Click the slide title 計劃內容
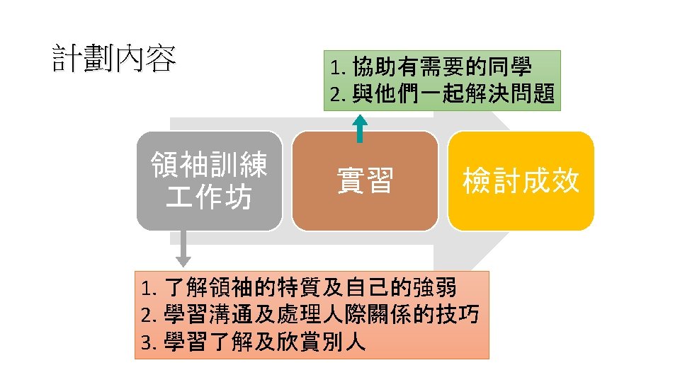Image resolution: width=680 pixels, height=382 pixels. coord(114,59)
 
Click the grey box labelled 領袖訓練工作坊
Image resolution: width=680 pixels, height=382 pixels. coord(209,181)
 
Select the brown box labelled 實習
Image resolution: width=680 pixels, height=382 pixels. coord(365,181)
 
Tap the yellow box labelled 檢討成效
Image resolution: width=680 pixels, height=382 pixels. coord(521,181)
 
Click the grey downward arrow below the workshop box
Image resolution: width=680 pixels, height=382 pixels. coord(183,251)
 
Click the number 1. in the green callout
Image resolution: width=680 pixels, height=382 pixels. coord(337,69)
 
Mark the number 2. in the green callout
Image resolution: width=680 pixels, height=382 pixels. coord(337,94)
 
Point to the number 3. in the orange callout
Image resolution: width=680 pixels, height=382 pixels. coord(148,343)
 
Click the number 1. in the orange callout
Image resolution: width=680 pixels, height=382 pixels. coord(148,289)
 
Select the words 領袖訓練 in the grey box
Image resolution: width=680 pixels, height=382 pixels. coord(209,166)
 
